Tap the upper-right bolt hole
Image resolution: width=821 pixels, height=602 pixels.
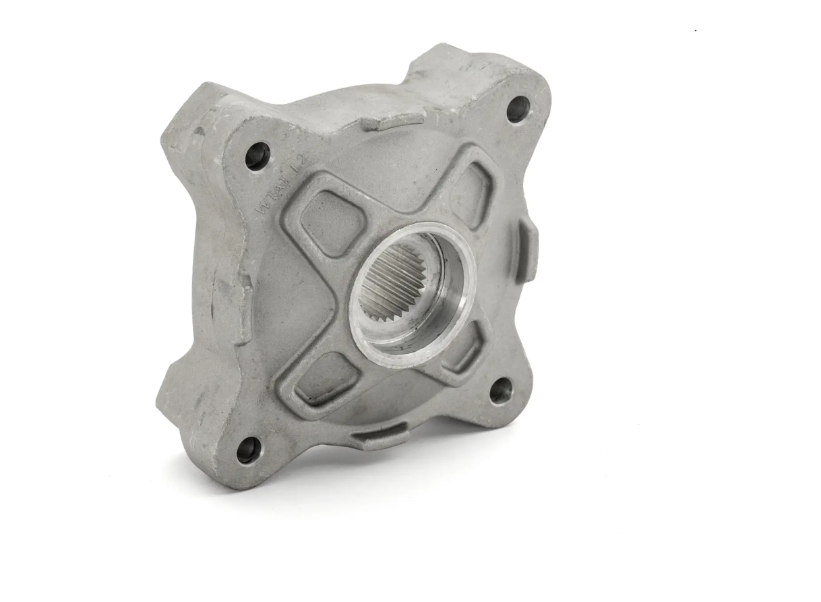(518, 109)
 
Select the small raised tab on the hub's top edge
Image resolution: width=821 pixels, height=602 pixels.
(398, 121)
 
